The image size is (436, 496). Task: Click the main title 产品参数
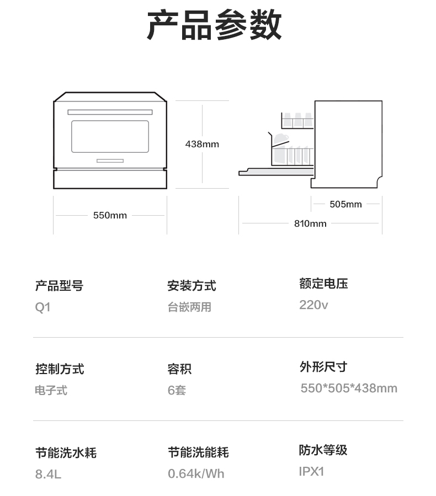(x=214, y=24)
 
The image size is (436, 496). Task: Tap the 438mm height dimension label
(x=202, y=144)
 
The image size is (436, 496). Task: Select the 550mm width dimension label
(x=110, y=215)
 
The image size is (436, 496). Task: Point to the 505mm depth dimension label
(x=345, y=204)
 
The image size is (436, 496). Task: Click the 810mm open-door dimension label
(x=310, y=223)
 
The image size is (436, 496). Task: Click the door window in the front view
(x=110, y=136)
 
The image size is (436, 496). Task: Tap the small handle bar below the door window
(x=110, y=161)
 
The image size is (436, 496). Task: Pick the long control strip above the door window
(x=110, y=112)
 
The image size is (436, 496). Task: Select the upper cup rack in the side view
(x=297, y=120)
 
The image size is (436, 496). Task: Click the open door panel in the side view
(x=276, y=172)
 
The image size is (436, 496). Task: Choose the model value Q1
(x=42, y=307)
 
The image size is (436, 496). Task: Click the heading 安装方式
(x=192, y=286)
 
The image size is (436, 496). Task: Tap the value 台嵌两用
(x=189, y=307)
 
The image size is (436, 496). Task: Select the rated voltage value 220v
(x=313, y=305)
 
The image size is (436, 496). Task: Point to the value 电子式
(x=51, y=391)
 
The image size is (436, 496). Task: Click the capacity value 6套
(x=177, y=391)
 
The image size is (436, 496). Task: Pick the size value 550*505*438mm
(x=349, y=388)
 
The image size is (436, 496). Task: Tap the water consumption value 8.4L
(x=48, y=474)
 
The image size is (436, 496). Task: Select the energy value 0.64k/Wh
(x=196, y=474)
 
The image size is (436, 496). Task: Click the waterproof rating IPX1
(x=312, y=472)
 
